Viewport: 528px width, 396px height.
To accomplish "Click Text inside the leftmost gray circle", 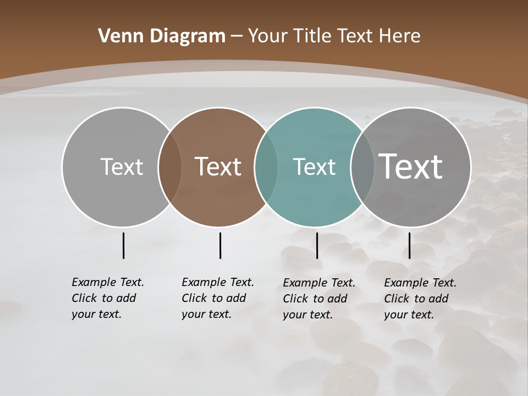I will point(122,167).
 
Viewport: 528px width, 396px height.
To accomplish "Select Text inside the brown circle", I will point(218,167).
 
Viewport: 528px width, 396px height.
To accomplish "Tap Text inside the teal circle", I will point(315,167).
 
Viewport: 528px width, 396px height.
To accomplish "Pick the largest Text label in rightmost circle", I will point(411,166).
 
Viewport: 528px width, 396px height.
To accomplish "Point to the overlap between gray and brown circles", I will point(170,167).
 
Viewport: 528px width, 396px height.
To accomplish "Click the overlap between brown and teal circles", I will point(266,167).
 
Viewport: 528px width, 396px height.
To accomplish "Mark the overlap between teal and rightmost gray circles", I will point(362,167).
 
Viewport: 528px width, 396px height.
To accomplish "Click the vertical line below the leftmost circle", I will point(124,245).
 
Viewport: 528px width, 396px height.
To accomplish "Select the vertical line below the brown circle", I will point(220,245).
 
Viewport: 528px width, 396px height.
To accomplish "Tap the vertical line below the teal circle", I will point(317,245).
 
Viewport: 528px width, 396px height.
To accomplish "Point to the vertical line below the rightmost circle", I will point(410,245).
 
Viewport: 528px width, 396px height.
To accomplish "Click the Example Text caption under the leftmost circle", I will point(108,298).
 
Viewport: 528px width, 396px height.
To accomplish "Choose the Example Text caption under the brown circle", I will point(218,298).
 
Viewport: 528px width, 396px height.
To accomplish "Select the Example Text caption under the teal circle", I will point(319,299).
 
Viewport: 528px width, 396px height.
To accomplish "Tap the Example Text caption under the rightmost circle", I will point(420,299).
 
